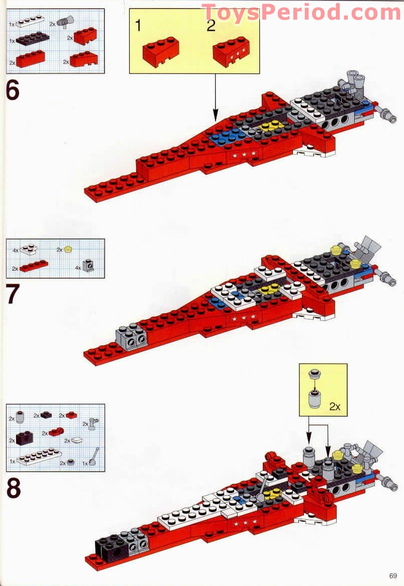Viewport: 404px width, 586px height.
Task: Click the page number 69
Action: pyautogui.click(x=392, y=575)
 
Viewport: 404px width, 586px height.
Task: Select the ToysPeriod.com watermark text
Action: pyautogui.click(x=301, y=12)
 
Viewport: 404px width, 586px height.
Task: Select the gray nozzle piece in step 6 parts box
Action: pyautogui.click(x=66, y=21)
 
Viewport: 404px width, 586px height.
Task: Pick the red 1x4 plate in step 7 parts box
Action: pyautogui.click(x=34, y=266)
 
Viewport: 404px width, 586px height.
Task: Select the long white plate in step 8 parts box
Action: pyautogui.click(x=39, y=457)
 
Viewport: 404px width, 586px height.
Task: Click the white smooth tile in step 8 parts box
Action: pyautogui.click(x=77, y=440)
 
